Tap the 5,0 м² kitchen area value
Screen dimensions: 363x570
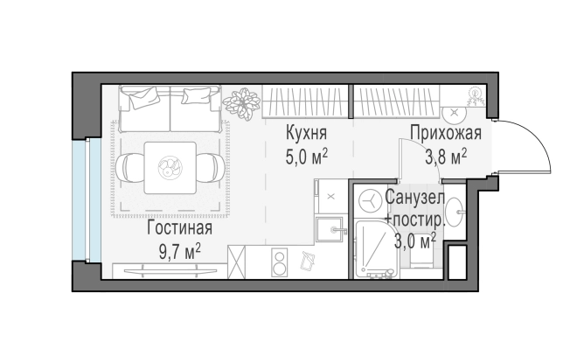306,157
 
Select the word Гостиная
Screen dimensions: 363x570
178,229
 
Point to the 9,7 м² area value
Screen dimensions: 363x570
179,250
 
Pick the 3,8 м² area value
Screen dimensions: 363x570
445,157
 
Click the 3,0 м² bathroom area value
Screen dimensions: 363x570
418,240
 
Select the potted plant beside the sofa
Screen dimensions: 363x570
240,104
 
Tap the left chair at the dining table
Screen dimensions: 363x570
128,165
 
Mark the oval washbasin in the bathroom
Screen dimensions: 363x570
455,212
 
